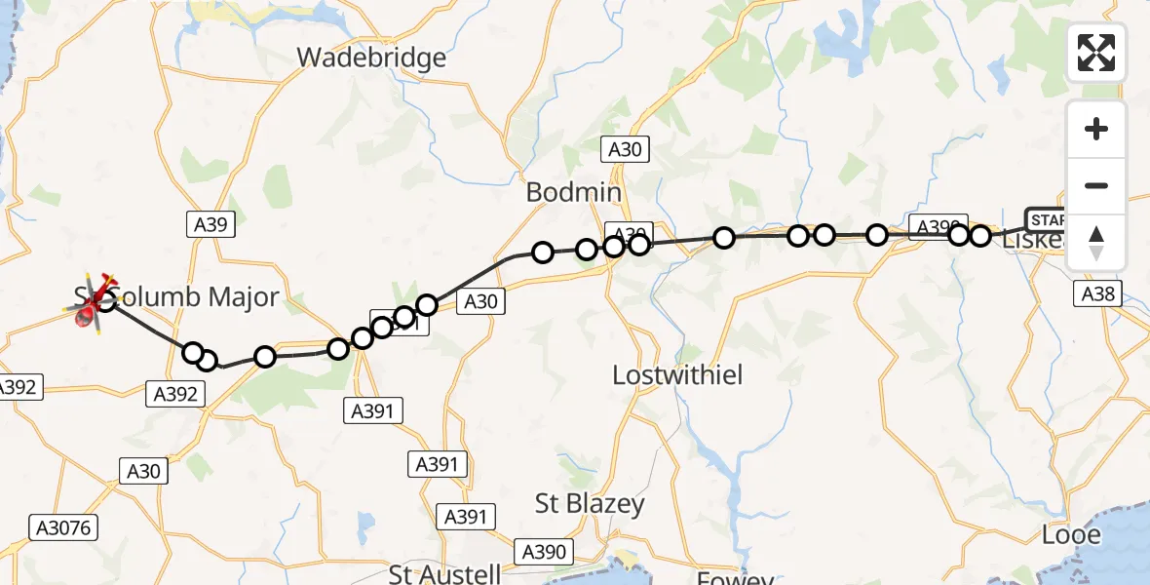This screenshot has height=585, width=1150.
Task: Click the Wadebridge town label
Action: pos(371,58)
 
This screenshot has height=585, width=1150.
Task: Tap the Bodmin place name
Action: pos(574,192)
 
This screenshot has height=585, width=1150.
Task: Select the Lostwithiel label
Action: pos(678,374)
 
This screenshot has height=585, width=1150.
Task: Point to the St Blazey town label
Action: pos(590,503)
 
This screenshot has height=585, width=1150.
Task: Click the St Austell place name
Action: pos(444,573)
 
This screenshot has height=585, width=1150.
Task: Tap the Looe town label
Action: pos(1071,534)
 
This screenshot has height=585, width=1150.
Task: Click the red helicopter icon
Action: pos(93,305)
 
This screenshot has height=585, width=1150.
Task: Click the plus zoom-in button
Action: pos(1096,129)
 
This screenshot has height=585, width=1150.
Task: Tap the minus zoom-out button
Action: pos(1096,185)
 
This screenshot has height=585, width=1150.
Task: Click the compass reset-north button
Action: pos(1096,243)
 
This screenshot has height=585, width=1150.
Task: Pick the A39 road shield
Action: pos(210,224)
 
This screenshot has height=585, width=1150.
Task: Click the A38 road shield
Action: pos(1098,292)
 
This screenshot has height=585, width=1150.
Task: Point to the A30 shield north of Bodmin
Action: pos(625,149)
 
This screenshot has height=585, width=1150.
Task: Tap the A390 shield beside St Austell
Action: pos(543,551)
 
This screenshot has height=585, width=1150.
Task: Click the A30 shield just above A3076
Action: pos(143,471)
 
